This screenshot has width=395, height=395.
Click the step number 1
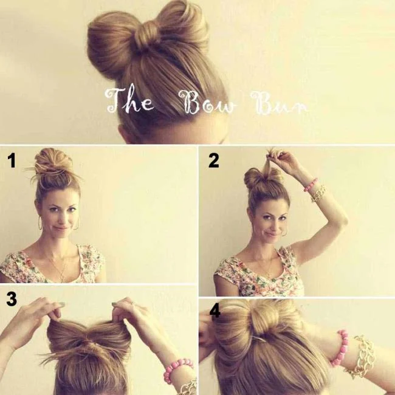(11, 161)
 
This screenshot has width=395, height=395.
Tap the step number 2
(213, 160)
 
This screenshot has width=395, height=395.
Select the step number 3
(11, 299)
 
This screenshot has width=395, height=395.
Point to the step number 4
(215, 311)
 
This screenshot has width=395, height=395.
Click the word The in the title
(129, 101)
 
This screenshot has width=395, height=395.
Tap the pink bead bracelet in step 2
(311, 184)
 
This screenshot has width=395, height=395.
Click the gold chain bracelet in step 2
(318, 193)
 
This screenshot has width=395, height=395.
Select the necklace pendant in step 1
(61, 278)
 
